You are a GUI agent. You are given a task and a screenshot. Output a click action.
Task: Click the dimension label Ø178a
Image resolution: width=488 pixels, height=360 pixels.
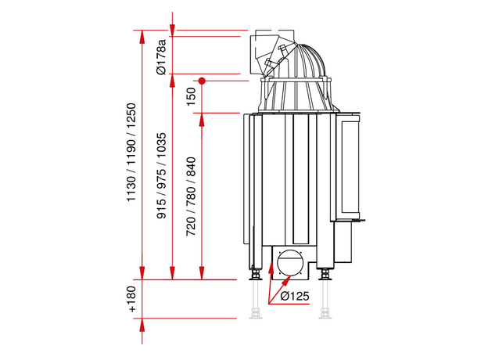click(162, 57)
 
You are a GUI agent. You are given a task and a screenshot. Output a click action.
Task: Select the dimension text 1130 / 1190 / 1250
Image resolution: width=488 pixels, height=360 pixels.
click(131, 153)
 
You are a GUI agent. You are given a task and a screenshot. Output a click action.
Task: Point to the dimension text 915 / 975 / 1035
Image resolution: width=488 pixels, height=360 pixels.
click(161, 175)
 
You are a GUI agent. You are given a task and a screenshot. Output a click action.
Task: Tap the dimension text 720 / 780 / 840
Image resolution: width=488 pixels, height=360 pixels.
click(191, 196)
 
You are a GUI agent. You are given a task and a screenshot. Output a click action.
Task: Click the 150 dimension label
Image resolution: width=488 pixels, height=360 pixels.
click(191, 96)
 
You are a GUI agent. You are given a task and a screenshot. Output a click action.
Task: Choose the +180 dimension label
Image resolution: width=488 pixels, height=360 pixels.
click(131, 299)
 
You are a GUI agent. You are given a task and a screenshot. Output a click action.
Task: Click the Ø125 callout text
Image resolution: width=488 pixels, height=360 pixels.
click(295, 296)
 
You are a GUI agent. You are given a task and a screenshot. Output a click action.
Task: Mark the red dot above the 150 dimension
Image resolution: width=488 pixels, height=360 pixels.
click(202, 81)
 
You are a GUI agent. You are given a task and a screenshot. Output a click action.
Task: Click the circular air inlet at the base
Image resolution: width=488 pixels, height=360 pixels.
click(289, 262)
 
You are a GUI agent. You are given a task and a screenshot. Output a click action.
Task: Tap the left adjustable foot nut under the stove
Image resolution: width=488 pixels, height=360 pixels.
click(256, 275)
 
